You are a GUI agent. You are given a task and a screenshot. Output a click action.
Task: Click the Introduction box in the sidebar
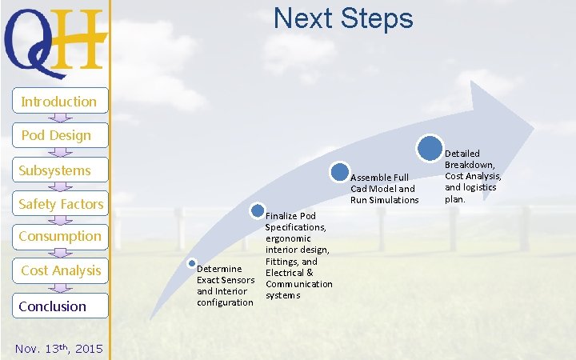click(59, 102)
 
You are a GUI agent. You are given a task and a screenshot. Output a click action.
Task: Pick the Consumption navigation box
click(60, 236)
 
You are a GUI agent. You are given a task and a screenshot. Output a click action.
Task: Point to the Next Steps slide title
click(343, 18)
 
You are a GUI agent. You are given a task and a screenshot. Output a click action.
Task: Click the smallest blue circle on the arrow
click(192, 263)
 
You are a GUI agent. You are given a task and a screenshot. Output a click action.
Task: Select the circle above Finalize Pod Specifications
click(258, 211)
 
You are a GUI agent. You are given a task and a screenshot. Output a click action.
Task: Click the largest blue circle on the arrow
click(430, 148)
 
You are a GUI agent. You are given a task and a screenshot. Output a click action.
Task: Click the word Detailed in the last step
click(462, 153)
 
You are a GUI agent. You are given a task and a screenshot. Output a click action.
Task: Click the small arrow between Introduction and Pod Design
click(60, 118)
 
